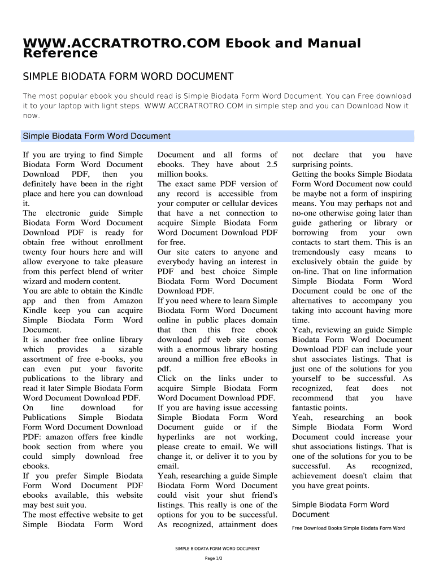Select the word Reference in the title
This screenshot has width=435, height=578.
(x=60, y=54)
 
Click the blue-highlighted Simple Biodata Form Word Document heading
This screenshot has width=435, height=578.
(x=96, y=136)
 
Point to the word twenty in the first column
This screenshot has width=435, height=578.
(x=36, y=252)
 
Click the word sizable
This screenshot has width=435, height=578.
(x=129, y=349)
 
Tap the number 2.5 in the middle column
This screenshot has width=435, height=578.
(x=270, y=164)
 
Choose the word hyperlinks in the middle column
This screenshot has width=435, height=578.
(x=177, y=437)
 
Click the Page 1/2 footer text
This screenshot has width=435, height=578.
(x=214, y=558)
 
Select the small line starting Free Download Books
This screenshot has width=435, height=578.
(x=348, y=528)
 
